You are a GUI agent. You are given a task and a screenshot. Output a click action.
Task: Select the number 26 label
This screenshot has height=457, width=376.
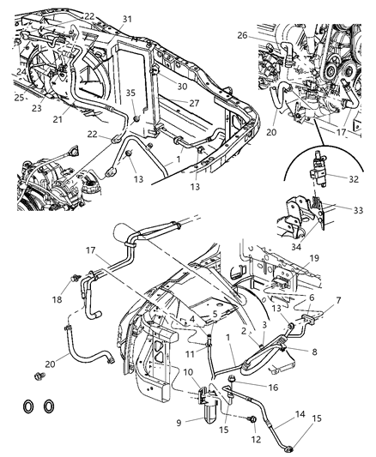point(242,36)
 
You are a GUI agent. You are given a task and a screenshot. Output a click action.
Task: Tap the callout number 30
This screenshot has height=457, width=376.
point(182,86)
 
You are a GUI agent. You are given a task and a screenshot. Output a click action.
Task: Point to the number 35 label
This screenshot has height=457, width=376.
point(130,94)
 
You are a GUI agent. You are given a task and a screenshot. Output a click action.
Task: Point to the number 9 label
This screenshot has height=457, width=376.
point(179,421)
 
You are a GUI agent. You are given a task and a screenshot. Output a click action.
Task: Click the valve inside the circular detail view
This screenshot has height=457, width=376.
point(324,182)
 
